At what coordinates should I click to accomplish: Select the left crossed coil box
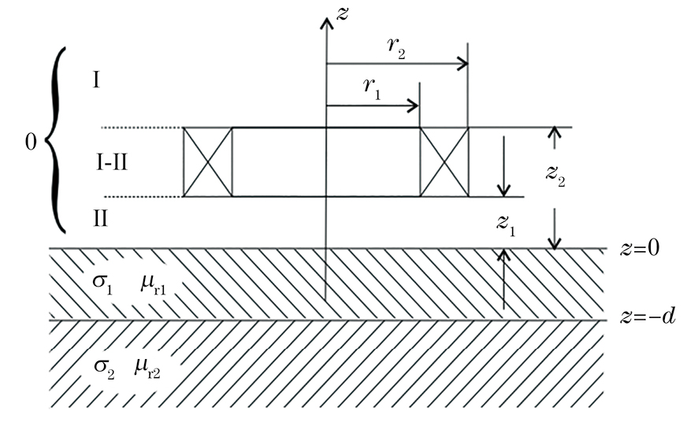coord(208,161)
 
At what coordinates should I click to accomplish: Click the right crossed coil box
coord(444,161)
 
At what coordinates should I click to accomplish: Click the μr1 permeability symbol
coord(154,282)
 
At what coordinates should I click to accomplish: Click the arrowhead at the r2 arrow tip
coord(463,65)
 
